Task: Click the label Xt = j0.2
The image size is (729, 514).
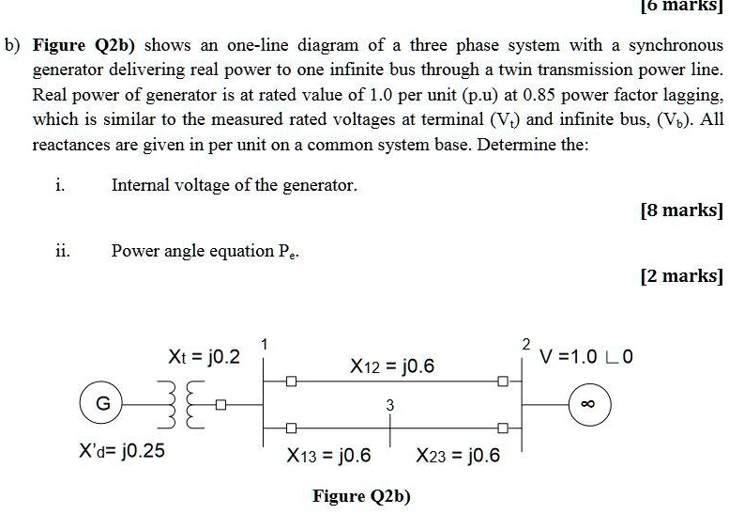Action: point(204,357)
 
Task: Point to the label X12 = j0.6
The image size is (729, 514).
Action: point(391,366)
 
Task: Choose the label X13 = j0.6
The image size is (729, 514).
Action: point(328,457)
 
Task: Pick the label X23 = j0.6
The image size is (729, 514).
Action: point(458,457)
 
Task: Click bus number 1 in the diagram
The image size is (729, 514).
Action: point(266,344)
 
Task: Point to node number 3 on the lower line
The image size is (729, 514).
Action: point(389,405)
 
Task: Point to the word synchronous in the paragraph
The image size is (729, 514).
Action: point(676,45)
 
